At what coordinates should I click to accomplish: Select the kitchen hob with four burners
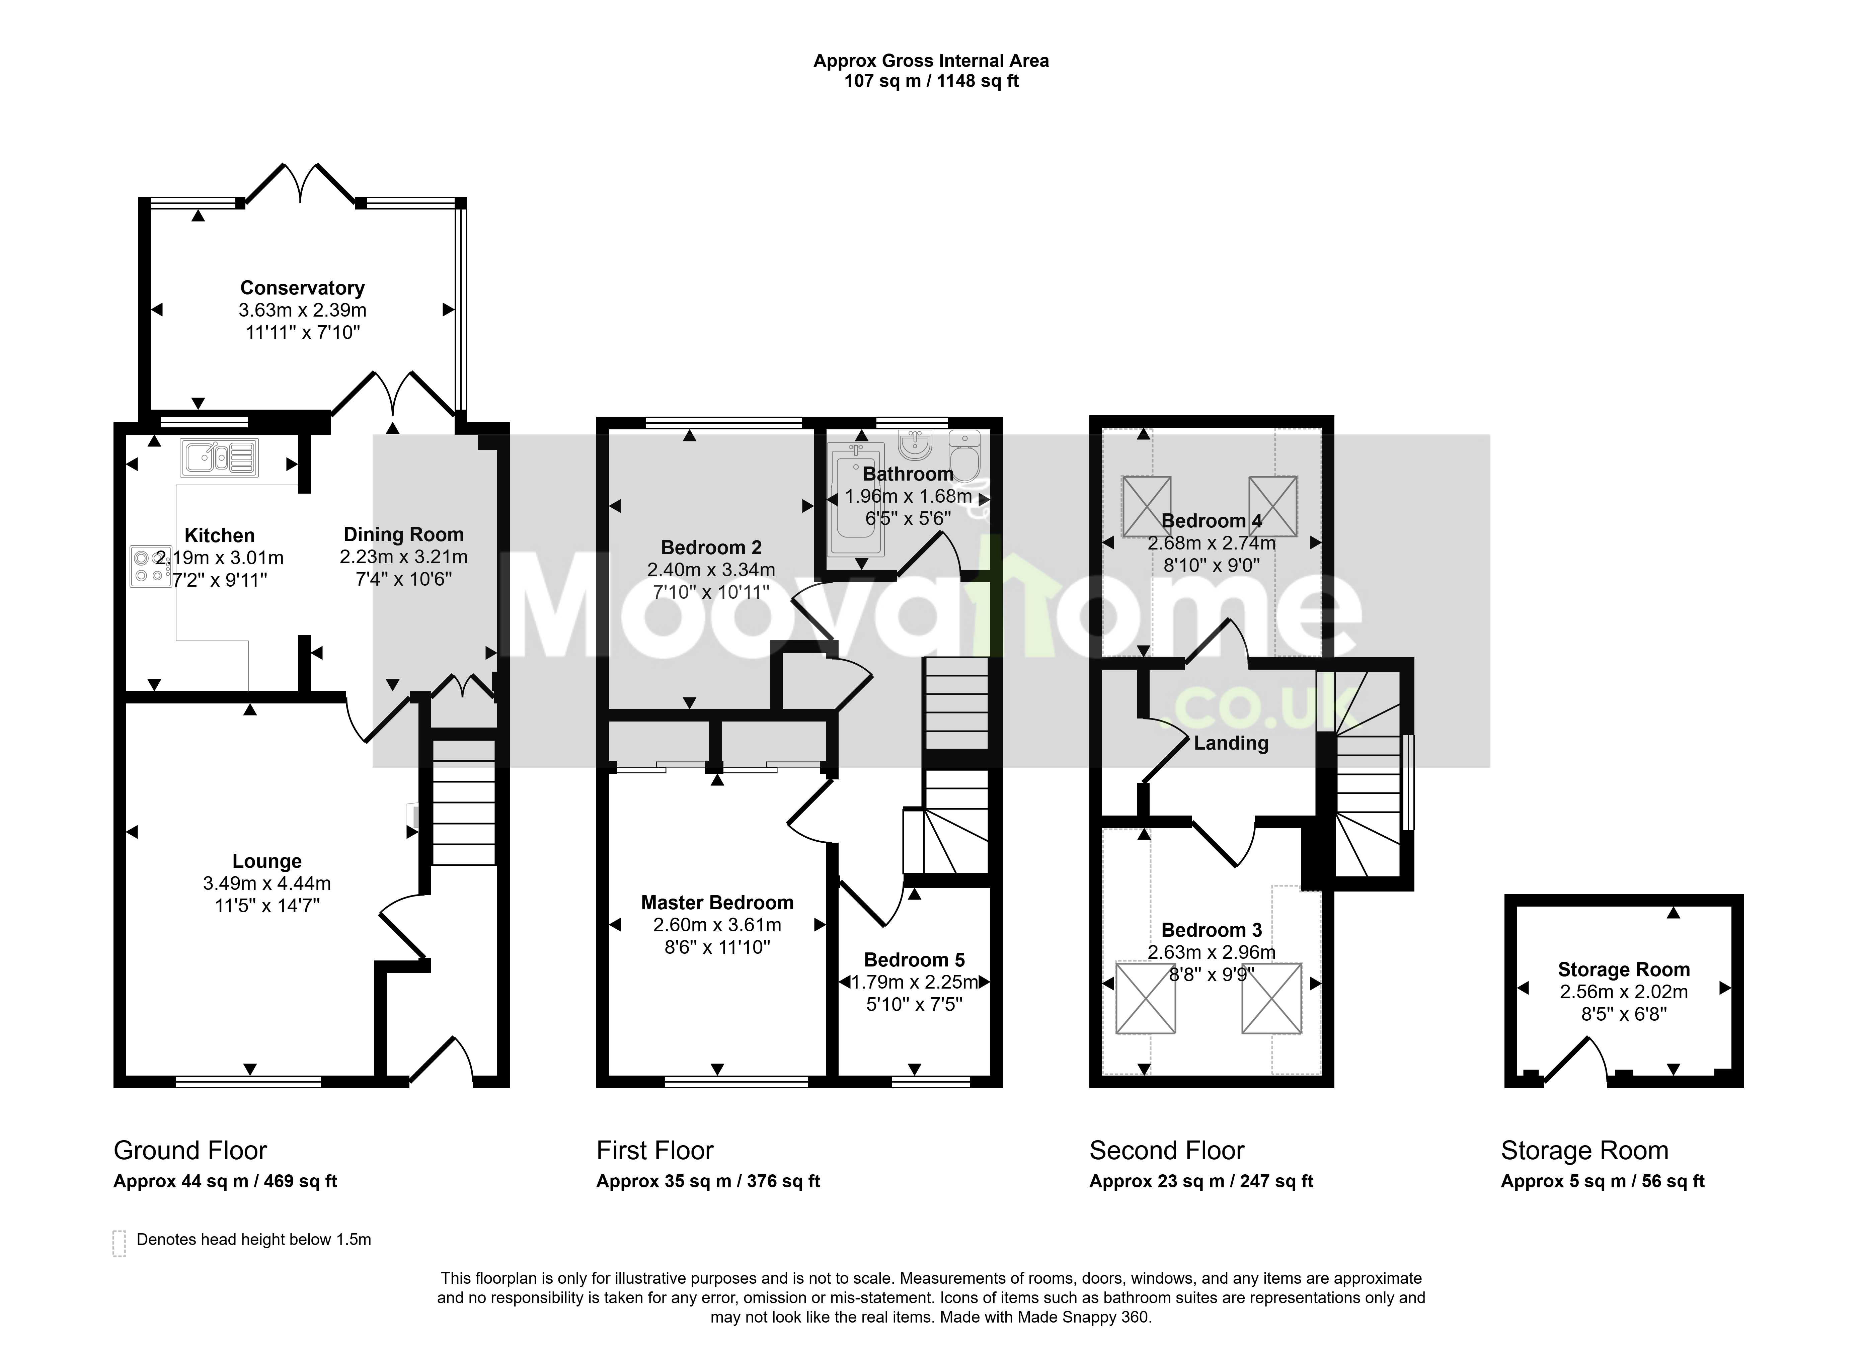tap(150, 566)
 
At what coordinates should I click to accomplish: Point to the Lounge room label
tap(267, 861)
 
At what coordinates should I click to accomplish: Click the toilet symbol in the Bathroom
tap(964, 456)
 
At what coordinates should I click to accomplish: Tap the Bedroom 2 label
tap(711, 547)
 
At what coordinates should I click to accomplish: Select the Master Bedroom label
tap(717, 903)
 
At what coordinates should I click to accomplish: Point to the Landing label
tap(1231, 743)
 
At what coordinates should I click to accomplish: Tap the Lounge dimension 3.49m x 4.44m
tap(267, 884)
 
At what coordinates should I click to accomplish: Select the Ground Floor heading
tap(190, 1151)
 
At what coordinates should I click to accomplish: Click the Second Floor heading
tap(1166, 1151)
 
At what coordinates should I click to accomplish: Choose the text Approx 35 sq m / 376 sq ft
tap(708, 1181)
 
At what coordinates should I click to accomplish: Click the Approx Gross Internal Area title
tap(931, 61)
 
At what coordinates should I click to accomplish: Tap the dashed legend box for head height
tap(119, 1243)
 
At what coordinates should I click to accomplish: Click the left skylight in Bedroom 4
tap(1147, 507)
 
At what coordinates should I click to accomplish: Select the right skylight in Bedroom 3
tap(1271, 998)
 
